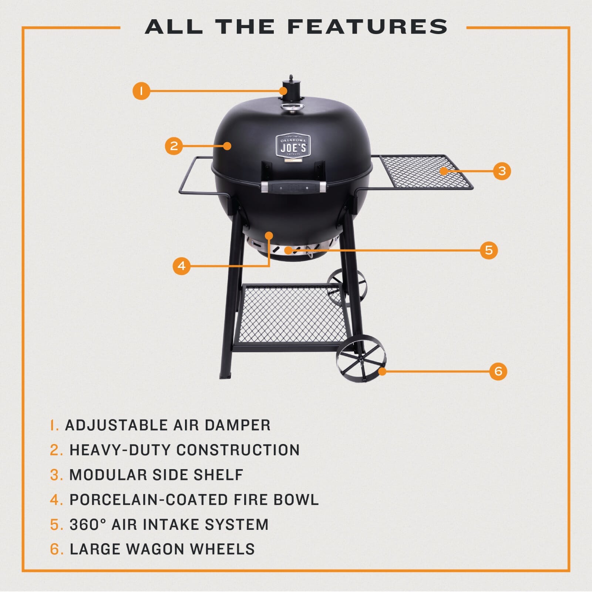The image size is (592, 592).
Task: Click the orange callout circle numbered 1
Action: [x=141, y=91]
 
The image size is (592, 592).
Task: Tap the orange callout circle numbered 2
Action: [x=174, y=146]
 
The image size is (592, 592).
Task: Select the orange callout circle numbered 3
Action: [x=502, y=171]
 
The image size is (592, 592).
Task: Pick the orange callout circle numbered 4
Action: [x=181, y=266]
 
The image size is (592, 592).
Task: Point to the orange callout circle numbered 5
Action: [x=489, y=250]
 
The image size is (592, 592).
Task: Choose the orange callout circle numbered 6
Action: [x=498, y=371]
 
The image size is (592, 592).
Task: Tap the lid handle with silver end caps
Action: [x=294, y=187]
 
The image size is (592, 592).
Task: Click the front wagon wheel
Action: [x=361, y=358]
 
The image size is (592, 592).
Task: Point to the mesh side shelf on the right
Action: [x=425, y=171]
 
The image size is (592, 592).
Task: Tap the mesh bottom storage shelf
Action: [x=292, y=314]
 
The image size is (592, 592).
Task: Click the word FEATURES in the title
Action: [x=367, y=27]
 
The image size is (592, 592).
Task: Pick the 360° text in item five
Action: [x=88, y=524]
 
